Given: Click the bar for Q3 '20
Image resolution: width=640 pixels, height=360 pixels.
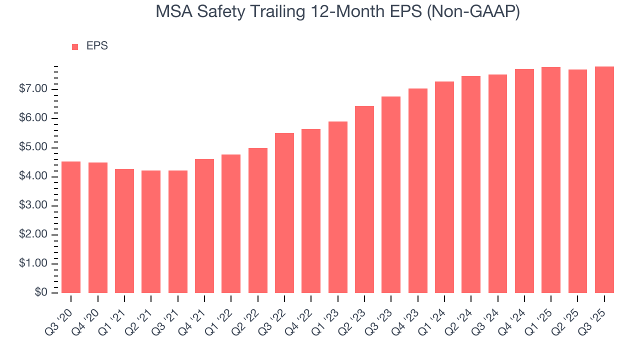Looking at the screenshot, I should coord(71,227).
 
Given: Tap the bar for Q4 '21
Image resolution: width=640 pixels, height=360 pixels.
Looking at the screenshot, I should coord(204,226).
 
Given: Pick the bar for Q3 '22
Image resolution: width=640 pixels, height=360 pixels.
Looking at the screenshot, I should coord(284,213).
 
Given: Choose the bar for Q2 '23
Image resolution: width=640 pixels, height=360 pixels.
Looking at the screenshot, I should coord(364,199).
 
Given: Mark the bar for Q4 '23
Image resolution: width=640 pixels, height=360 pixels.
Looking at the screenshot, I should coord(418,190).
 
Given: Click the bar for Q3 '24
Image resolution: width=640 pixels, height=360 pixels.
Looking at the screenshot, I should coord(497,183).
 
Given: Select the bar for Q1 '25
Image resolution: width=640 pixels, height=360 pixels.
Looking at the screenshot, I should coord(551,180).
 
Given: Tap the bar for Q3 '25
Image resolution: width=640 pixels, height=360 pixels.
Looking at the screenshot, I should coord(604,179).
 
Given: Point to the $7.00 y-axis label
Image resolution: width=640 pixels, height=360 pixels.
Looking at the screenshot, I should coord(33,89).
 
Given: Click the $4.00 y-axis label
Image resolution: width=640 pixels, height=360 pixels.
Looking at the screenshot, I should coord(33,176).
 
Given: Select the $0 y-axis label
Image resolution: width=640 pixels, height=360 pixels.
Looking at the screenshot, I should coord(40,292).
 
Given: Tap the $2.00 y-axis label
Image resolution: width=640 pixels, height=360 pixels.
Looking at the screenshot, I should coord(33,234).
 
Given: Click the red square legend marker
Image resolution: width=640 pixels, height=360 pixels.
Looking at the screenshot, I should coord(75,46).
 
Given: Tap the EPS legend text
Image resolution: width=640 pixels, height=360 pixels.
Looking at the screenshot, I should coord(97,46).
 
